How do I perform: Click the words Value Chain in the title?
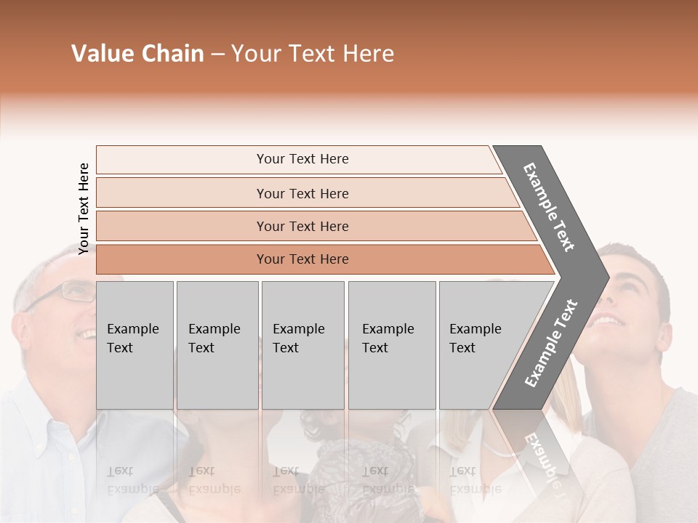137,54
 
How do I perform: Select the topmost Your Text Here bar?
302,159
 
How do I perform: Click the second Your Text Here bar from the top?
302,193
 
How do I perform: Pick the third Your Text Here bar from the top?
302,226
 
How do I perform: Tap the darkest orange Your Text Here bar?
302,259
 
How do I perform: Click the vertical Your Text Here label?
84,208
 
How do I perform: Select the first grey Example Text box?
135,344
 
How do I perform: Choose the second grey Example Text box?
217,344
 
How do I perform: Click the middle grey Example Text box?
302,344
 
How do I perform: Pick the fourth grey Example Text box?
391,344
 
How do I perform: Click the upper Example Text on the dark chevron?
549,207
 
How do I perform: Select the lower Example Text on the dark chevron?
550,343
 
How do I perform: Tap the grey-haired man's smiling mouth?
87,333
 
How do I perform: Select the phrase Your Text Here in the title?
313,54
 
